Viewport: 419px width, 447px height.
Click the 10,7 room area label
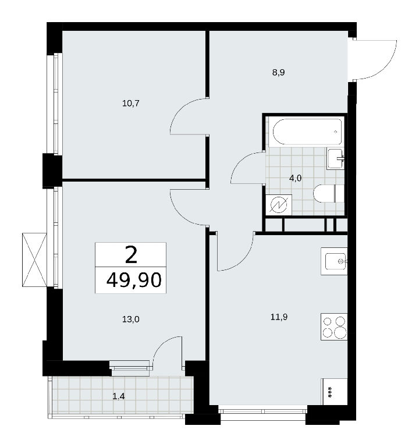coord(130,103)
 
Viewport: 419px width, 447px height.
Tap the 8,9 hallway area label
coord(279,72)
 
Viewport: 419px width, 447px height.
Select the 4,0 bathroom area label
coord(295,178)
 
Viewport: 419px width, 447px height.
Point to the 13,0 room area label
coord(130,320)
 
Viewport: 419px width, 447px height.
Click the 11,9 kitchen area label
coord(279,317)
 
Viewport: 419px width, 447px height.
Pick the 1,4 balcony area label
coord(119,396)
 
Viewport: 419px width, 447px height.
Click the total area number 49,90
coord(134,280)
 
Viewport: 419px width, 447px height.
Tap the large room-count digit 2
coord(131,254)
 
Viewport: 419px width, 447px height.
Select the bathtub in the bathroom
coord(307,132)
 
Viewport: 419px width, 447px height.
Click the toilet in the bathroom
coord(328,193)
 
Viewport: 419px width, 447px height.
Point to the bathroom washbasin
coord(335,159)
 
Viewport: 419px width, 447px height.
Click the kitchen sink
coord(334,261)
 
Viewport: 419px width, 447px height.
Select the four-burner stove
coord(334,327)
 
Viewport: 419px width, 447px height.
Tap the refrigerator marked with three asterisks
coord(335,391)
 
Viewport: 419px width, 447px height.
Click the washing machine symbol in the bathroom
coord(279,205)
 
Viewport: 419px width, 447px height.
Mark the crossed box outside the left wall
coord(34,260)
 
